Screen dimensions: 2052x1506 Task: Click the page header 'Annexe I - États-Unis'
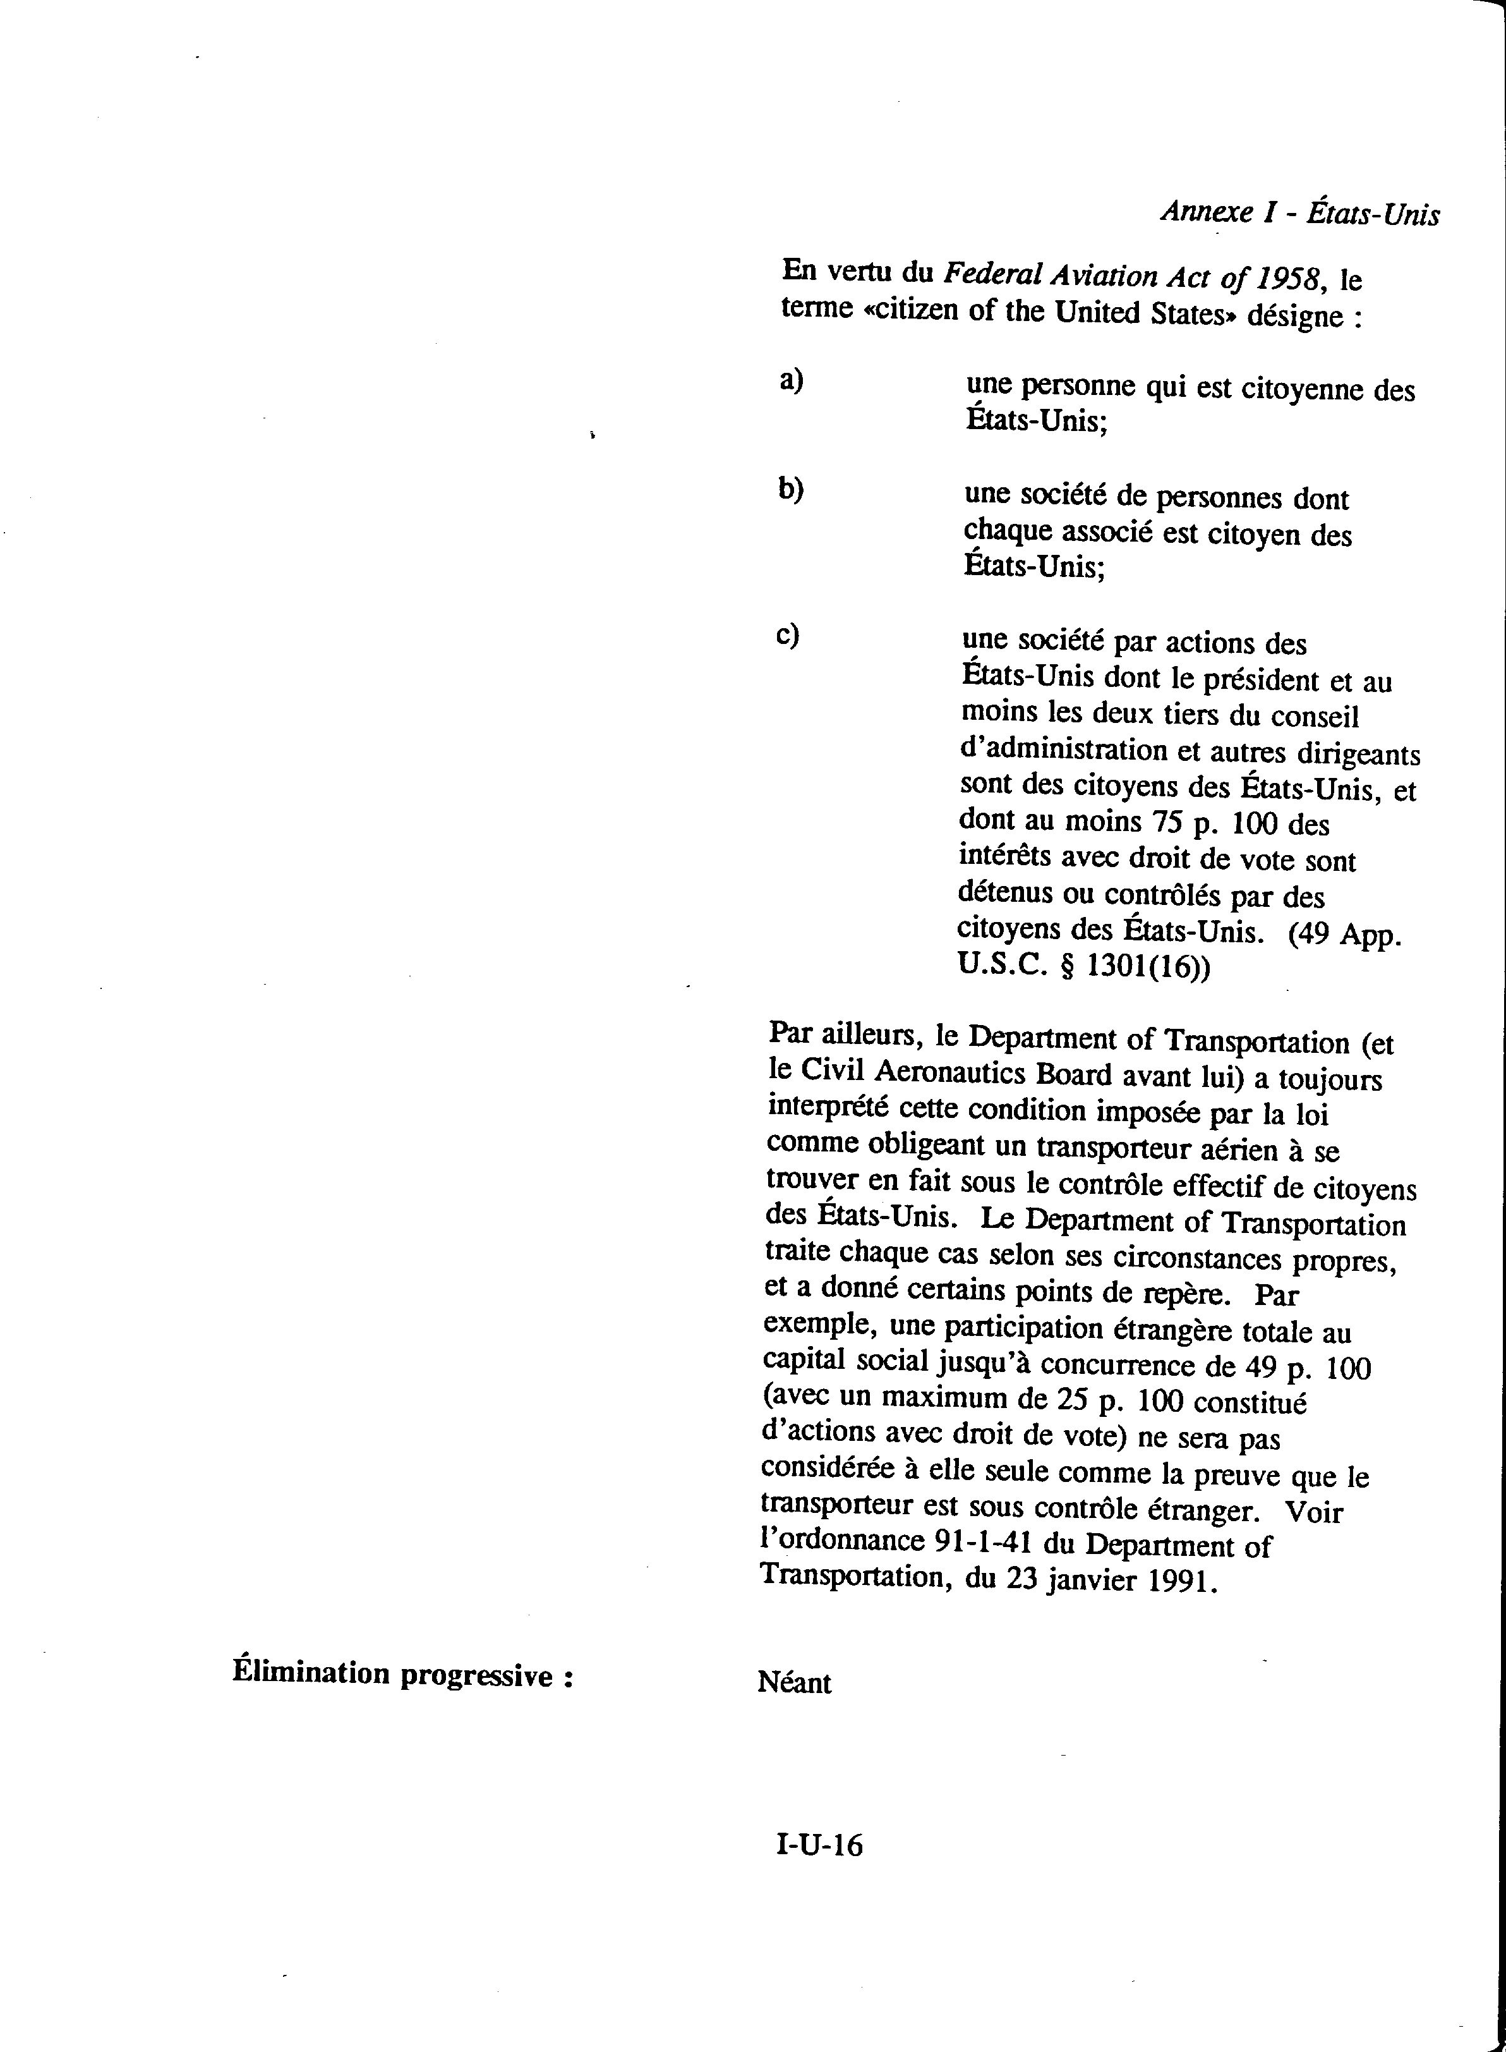(1299, 214)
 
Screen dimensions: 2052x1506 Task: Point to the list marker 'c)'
(788, 633)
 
